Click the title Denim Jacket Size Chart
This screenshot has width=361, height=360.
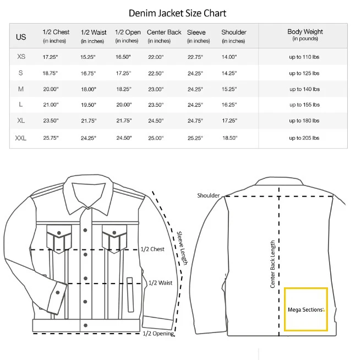pyautogui.click(x=177, y=13)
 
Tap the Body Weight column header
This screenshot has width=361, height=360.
pyautogui.click(x=305, y=35)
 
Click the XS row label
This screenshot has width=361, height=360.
pyautogui.click(x=21, y=57)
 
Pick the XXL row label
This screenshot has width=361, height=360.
pyautogui.click(x=21, y=138)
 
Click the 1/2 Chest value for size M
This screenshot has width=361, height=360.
pyautogui.click(x=50, y=89)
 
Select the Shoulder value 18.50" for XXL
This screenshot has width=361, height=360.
pyautogui.click(x=229, y=138)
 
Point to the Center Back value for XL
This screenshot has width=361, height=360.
pyautogui.click(x=156, y=121)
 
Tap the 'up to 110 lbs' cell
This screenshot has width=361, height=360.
pyautogui.click(x=304, y=57)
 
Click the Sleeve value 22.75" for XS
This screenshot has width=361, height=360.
pyautogui.click(x=195, y=57)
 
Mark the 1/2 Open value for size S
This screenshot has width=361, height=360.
pyautogui.click(x=123, y=73)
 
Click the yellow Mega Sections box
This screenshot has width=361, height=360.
pyautogui.click(x=306, y=309)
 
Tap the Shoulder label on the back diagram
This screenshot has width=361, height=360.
pyautogui.click(x=209, y=195)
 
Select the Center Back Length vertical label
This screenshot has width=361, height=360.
pyautogui.click(x=272, y=264)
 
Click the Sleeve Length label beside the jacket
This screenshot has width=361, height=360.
pyautogui.click(x=182, y=248)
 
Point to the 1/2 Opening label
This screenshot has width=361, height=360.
pyautogui.click(x=158, y=333)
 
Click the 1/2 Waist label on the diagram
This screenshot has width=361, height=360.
pyautogui.click(x=161, y=283)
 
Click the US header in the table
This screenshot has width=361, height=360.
pyautogui.click(x=21, y=37)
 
